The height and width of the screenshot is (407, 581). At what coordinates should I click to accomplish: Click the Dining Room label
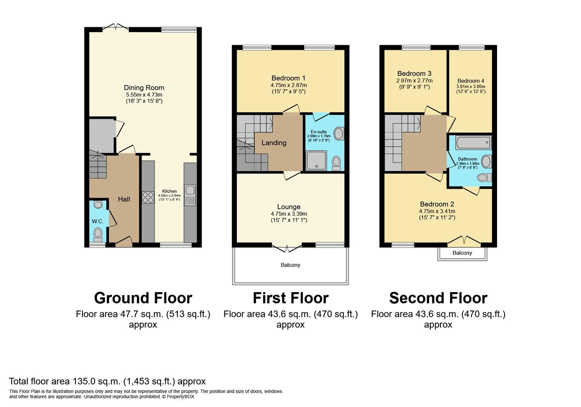pyautogui.click(x=144, y=88)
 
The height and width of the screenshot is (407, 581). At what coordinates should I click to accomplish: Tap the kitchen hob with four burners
pyautogui.click(x=148, y=197)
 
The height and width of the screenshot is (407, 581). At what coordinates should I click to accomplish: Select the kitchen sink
pyautogui.click(x=190, y=194)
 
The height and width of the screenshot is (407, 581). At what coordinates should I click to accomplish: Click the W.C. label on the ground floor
pyautogui.click(x=98, y=221)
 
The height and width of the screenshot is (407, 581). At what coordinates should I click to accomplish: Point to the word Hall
pyautogui.click(x=124, y=199)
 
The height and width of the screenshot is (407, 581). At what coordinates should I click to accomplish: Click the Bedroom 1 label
pyautogui.click(x=288, y=78)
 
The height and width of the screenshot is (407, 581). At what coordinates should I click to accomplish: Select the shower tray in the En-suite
pyautogui.click(x=316, y=161)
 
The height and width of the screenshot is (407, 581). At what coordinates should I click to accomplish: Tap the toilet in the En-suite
pyautogui.click(x=336, y=163)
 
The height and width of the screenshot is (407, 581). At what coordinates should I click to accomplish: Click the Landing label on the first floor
pyautogui.click(x=274, y=143)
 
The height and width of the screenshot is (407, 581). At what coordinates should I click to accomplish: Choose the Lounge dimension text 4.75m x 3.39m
pyautogui.click(x=289, y=214)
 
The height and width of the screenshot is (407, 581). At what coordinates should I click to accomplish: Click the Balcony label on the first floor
pyautogui.click(x=290, y=265)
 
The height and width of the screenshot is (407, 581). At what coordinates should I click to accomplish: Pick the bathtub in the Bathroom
pyautogui.click(x=473, y=143)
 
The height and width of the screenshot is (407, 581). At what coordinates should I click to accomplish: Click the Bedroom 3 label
pyautogui.click(x=414, y=73)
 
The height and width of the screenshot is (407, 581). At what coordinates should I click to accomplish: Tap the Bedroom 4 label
pyautogui.click(x=471, y=81)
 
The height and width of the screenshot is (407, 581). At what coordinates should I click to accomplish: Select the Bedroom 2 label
pyautogui.click(x=437, y=204)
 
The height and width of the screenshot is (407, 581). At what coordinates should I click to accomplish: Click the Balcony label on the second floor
pyautogui.click(x=462, y=253)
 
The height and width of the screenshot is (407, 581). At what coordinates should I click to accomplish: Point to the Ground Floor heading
pyautogui.click(x=143, y=298)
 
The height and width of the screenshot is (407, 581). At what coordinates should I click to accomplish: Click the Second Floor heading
pyautogui.click(x=438, y=298)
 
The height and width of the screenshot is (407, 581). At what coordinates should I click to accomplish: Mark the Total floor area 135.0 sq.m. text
pyautogui.click(x=107, y=381)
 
